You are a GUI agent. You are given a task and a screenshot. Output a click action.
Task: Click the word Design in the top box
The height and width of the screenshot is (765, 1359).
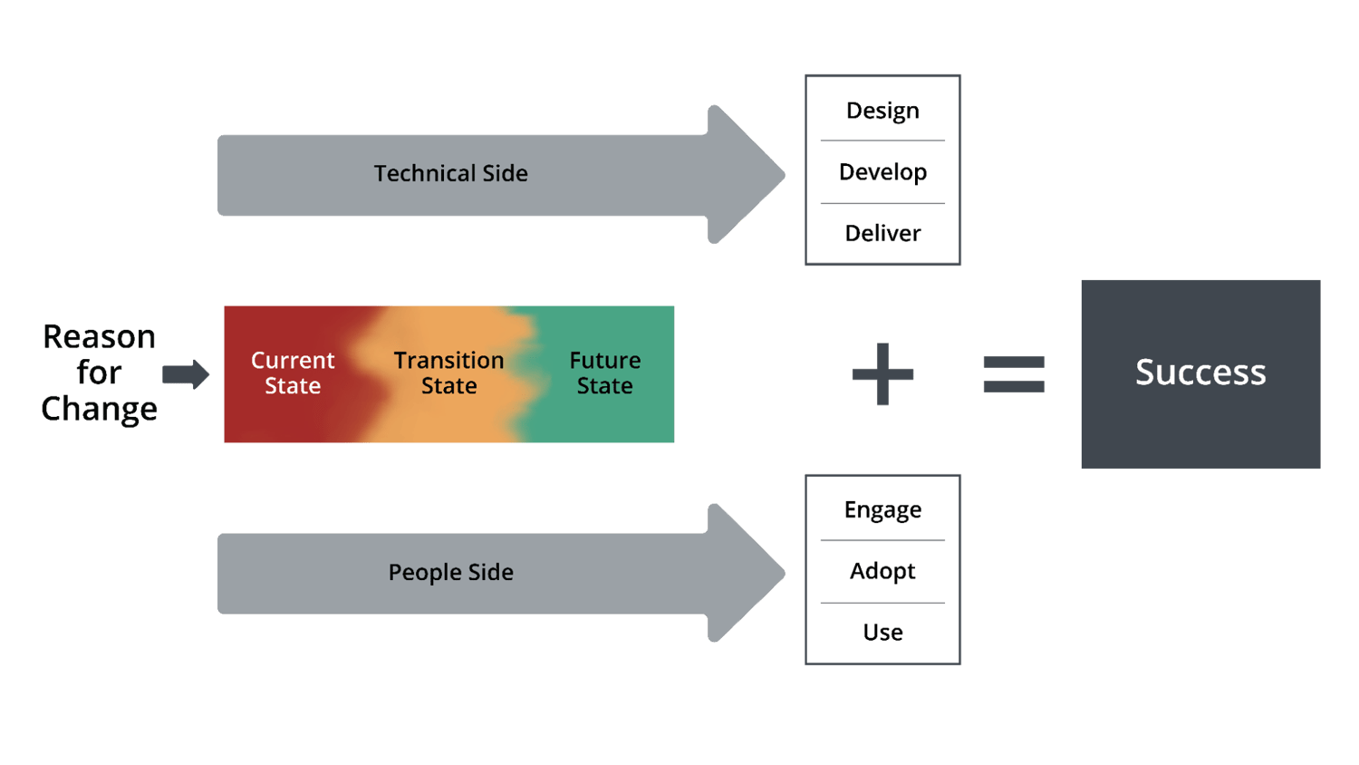(882, 111)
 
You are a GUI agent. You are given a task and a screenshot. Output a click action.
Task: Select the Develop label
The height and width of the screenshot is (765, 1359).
(882, 172)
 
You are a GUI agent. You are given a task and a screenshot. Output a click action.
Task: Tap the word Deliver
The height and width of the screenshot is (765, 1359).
(882, 234)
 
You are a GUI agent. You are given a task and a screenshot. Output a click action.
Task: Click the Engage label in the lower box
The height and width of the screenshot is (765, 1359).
(882, 510)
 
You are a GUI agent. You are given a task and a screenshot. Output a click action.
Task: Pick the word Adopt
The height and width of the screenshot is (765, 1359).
(882, 571)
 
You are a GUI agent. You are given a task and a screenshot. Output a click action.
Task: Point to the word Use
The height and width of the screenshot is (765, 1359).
(882, 632)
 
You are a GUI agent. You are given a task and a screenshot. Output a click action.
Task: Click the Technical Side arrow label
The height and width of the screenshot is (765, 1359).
(450, 173)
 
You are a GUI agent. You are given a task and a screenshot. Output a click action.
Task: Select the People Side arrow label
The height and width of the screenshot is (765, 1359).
(450, 572)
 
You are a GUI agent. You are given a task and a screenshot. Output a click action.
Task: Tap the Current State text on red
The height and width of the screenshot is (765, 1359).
(293, 373)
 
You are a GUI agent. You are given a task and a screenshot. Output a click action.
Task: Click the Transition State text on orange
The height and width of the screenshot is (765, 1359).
(448, 373)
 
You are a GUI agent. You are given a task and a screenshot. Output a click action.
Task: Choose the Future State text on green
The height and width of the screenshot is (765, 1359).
(604, 373)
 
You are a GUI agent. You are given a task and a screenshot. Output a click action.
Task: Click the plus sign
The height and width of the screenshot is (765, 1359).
(882, 373)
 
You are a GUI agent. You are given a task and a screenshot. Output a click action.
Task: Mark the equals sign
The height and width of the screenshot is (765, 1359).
(1014, 373)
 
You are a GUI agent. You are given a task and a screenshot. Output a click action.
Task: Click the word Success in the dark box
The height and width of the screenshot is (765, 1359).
(1200, 373)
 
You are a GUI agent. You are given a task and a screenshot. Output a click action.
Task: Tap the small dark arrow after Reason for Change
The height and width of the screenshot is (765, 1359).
(186, 373)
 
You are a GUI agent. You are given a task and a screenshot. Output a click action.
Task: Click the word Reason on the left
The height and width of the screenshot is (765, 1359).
(100, 337)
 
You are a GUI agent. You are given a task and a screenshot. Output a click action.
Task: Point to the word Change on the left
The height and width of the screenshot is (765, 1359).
(100, 409)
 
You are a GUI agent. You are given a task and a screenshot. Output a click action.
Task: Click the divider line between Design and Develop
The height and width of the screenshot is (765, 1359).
(882, 140)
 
